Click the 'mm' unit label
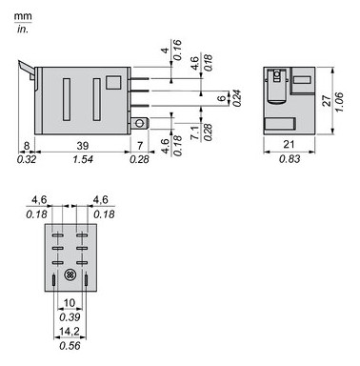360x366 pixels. click(22, 17)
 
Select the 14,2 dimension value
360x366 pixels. click(69, 334)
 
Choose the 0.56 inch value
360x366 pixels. click(69, 347)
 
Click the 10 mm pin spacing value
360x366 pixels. click(70, 302)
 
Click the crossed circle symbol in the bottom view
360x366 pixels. click(70, 275)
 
